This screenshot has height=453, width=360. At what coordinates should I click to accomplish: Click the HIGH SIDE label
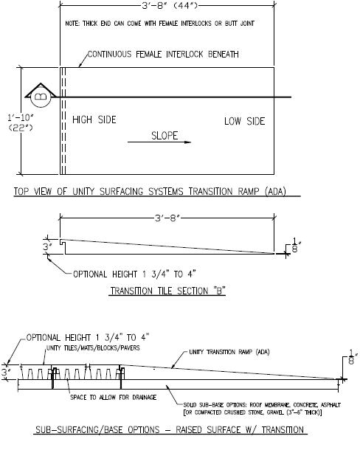coord(94,120)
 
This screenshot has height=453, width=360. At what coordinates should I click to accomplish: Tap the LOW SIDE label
coord(244,121)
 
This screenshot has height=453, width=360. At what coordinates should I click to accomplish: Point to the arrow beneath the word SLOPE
coord(159,142)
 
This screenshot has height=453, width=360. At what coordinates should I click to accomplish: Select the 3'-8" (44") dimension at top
coord(170,5)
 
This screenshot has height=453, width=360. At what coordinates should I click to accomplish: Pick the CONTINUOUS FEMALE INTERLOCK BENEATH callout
coord(163,55)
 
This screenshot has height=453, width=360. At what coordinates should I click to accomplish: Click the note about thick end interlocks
coord(159,24)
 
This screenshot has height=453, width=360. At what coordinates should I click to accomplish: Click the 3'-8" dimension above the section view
coord(167,218)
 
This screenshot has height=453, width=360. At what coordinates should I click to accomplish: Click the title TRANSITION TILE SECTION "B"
coord(167,291)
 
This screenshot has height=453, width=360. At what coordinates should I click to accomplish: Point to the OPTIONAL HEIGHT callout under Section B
coord(134,274)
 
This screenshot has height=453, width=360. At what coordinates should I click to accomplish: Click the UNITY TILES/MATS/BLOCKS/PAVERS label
coord(93,347)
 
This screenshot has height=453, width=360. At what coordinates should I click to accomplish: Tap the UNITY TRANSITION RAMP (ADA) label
coord(229,352)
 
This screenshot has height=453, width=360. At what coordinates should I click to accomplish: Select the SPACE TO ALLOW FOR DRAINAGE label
coord(114,398)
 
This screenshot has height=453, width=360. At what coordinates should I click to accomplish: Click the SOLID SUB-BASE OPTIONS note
coord(262,409)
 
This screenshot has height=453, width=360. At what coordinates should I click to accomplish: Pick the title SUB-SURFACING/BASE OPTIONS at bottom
coord(170,429)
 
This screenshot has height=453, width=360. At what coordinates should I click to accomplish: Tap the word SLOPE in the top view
coord(165,136)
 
